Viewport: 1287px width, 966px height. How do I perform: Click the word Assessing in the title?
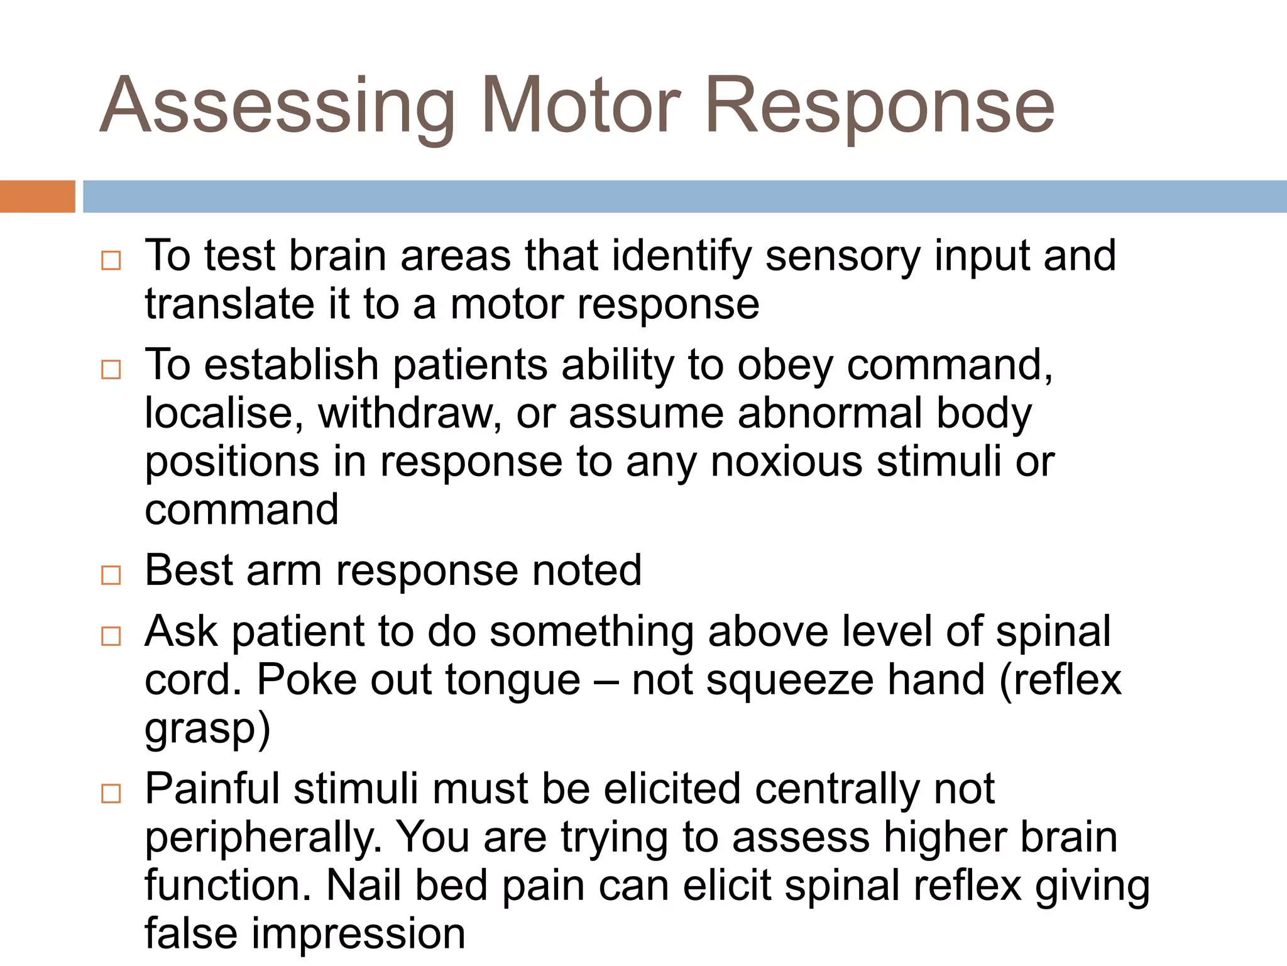277,107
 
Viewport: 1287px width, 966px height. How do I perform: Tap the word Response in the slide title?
879,107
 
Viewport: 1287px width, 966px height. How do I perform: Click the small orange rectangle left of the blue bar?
37,196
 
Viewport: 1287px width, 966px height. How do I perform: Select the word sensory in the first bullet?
843,257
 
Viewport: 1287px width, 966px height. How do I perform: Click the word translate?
229,304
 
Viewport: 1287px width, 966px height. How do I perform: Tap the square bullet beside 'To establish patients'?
111,369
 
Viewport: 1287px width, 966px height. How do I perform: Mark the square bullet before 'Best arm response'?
111,575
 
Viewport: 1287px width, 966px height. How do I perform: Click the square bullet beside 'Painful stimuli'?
111,794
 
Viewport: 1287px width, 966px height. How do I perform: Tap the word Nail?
364,885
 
